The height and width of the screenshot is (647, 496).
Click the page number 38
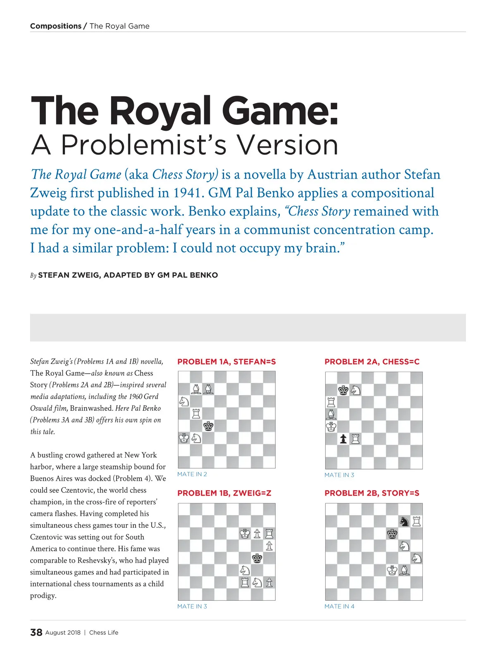tap(36, 632)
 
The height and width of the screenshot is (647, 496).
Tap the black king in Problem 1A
tap(208, 426)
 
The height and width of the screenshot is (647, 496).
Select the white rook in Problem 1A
tap(196, 413)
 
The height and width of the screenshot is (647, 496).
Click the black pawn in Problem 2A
tap(343, 439)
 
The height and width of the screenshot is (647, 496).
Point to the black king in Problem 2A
tap(343, 390)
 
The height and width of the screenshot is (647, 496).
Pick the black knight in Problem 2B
tap(404, 522)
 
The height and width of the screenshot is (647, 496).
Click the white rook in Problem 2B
tap(417, 521)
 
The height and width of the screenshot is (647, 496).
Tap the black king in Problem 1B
tap(257, 558)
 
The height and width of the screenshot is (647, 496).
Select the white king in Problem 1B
tap(245, 534)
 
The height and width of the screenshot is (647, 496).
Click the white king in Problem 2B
tap(392, 570)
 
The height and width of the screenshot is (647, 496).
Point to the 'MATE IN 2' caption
tap(192, 474)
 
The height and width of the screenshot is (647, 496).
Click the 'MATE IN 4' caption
tap(339, 606)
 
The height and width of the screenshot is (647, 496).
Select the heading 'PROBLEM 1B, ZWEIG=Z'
tap(224, 493)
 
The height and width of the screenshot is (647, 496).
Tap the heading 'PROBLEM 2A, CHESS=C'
tap(372, 362)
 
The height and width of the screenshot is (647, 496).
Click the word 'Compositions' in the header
tap(56, 26)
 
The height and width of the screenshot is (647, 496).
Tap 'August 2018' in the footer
tap(63, 633)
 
